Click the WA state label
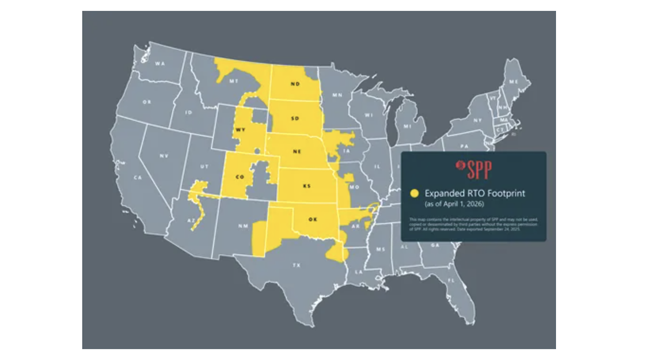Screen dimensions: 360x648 (160, 64)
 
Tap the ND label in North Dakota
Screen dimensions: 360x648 (295, 84)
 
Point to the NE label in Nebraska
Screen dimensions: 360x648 (296, 152)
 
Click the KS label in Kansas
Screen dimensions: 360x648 (307, 186)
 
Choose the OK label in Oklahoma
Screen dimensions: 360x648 (312, 219)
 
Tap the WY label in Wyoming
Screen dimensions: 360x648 (240, 130)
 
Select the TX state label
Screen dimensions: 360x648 (296, 265)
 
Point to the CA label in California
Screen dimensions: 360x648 (138, 178)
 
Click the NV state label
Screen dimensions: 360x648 (164, 156)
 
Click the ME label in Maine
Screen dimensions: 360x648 (513, 81)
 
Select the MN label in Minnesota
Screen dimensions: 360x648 (337, 96)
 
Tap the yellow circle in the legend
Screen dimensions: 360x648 (415, 193)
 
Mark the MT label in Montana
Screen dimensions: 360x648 (234, 81)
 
